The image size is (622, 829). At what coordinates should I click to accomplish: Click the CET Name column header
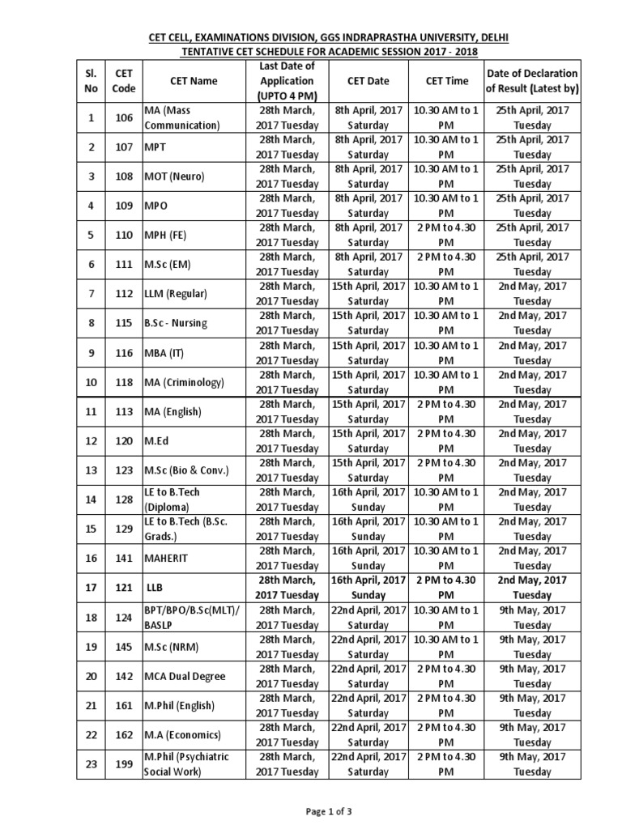coord(194,81)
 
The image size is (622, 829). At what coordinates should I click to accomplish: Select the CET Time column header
coord(446,81)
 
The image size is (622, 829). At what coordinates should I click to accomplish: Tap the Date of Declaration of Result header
coord(532,81)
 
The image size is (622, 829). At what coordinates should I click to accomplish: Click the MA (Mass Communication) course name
coord(182,117)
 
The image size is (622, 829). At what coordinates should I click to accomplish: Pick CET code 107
coord(124,147)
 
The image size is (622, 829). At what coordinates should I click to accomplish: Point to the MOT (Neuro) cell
coord(174,176)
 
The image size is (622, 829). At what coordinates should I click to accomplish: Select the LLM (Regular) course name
coord(176,294)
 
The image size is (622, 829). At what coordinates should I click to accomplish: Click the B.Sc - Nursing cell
coord(176,323)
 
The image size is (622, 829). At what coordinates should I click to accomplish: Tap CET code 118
coord(124,382)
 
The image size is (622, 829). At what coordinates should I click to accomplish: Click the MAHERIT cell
coord(167,558)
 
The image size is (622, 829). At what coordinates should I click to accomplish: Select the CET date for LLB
coord(368,587)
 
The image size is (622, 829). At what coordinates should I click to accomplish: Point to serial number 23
coord(92,763)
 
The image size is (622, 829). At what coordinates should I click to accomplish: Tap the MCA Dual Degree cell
coord(185,676)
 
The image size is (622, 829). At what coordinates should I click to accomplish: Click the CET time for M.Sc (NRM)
coord(446,646)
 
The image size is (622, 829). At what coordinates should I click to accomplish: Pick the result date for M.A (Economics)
coord(532,734)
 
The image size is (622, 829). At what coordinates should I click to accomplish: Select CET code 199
coord(124,763)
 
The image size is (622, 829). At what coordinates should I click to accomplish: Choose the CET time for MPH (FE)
coord(446,235)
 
